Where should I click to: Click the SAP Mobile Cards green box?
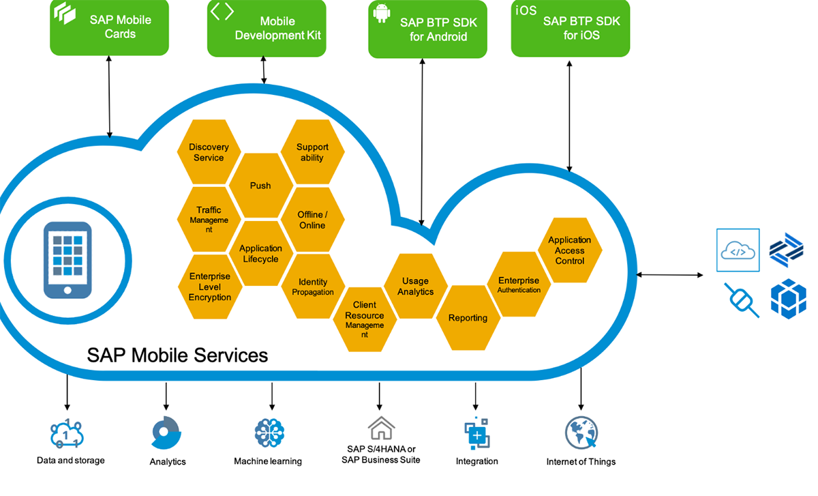click(109, 27)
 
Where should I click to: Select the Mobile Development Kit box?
click(267, 28)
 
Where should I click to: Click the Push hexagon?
click(260, 186)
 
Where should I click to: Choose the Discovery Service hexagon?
click(209, 152)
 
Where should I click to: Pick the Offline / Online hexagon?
click(312, 220)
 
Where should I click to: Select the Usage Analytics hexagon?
click(415, 286)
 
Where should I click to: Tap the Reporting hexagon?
click(468, 318)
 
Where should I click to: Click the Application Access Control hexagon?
click(569, 250)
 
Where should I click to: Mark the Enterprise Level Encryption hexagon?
click(209, 287)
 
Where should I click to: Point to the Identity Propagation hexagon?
click(313, 287)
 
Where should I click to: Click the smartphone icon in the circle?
click(67, 260)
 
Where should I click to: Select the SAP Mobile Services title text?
click(177, 355)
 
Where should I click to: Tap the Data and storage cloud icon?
click(66, 433)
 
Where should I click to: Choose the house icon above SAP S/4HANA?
click(381, 428)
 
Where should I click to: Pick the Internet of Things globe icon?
click(581, 433)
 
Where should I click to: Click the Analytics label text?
click(168, 462)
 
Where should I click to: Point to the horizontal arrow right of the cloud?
click(669, 275)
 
